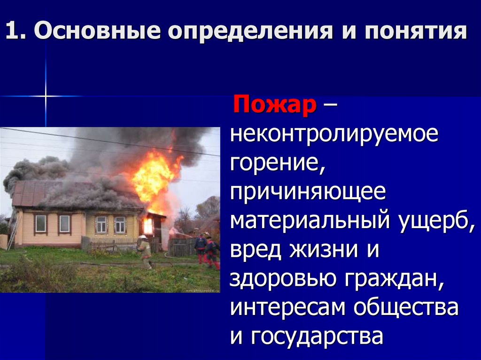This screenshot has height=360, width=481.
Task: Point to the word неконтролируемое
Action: tap(334, 136)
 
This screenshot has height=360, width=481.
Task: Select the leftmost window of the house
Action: tap(41, 223)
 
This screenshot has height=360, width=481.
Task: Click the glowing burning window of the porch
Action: tap(148, 226)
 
